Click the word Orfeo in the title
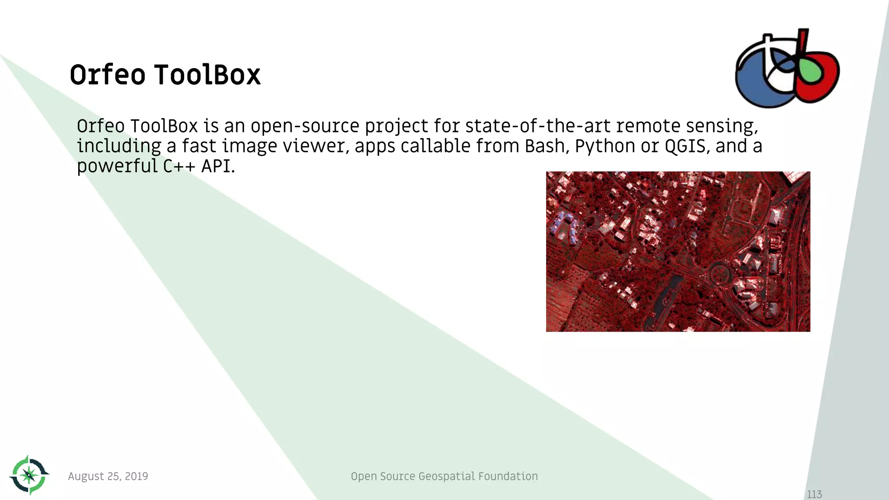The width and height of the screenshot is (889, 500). (x=107, y=75)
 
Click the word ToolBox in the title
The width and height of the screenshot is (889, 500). (x=207, y=75)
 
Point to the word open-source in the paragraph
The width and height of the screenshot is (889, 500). (x=305, y=126)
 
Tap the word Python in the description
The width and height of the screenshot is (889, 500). (x=605, y=146)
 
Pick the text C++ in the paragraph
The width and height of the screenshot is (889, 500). (x=179, y=166)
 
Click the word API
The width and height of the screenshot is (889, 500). (x=217, y=166)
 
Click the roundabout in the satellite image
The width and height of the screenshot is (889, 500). (x=719, y=273)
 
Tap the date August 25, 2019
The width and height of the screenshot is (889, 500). (x=108, y=476)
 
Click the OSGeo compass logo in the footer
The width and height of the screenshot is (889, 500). (x=29, y=475)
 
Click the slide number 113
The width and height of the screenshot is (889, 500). (x=814, y=494)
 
